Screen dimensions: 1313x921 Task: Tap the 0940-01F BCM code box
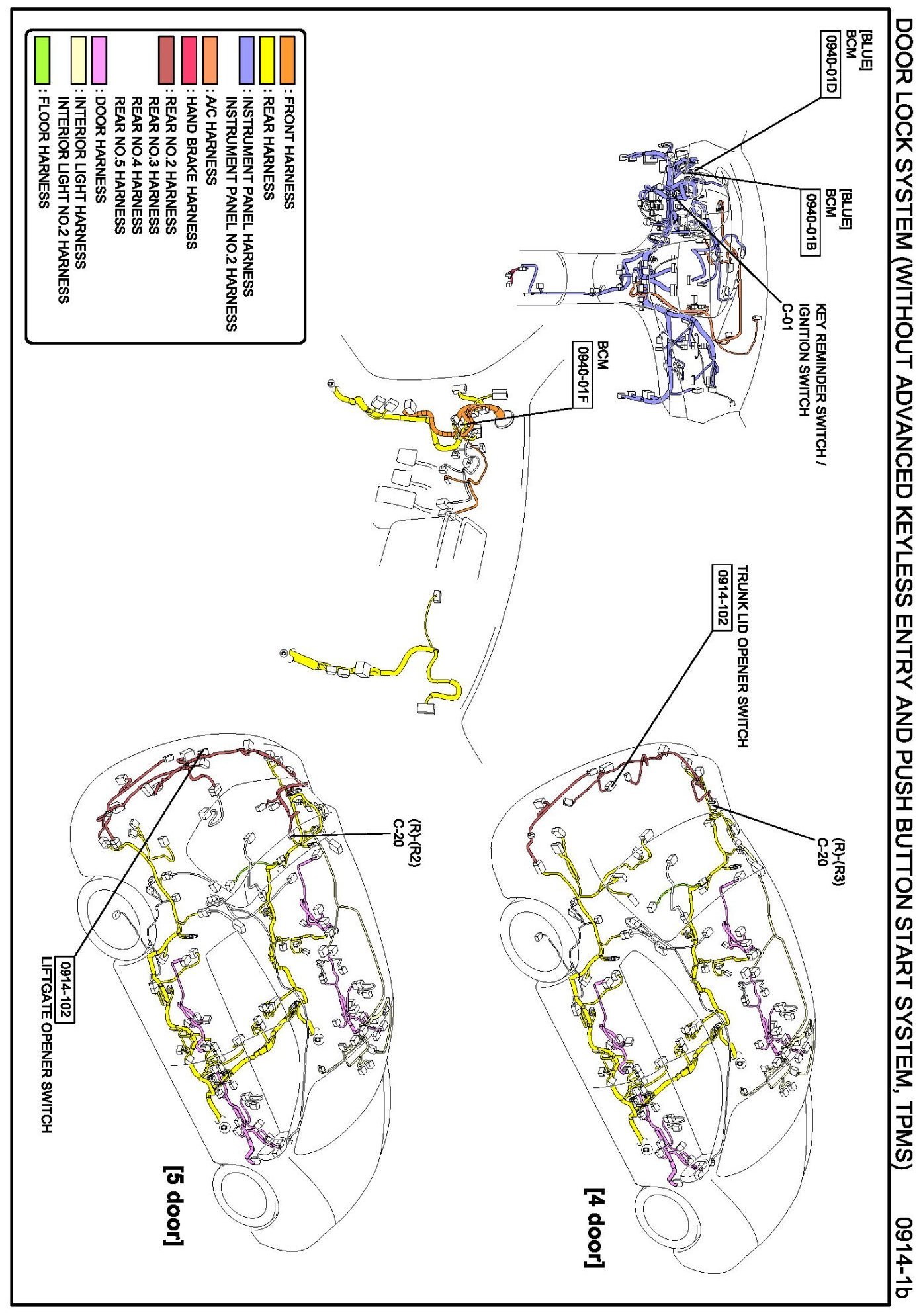[583, 375]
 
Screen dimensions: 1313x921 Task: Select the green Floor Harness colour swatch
[42, 60]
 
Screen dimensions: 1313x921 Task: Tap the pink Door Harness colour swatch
[99, 60]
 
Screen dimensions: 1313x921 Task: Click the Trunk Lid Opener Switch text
[742, 655]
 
